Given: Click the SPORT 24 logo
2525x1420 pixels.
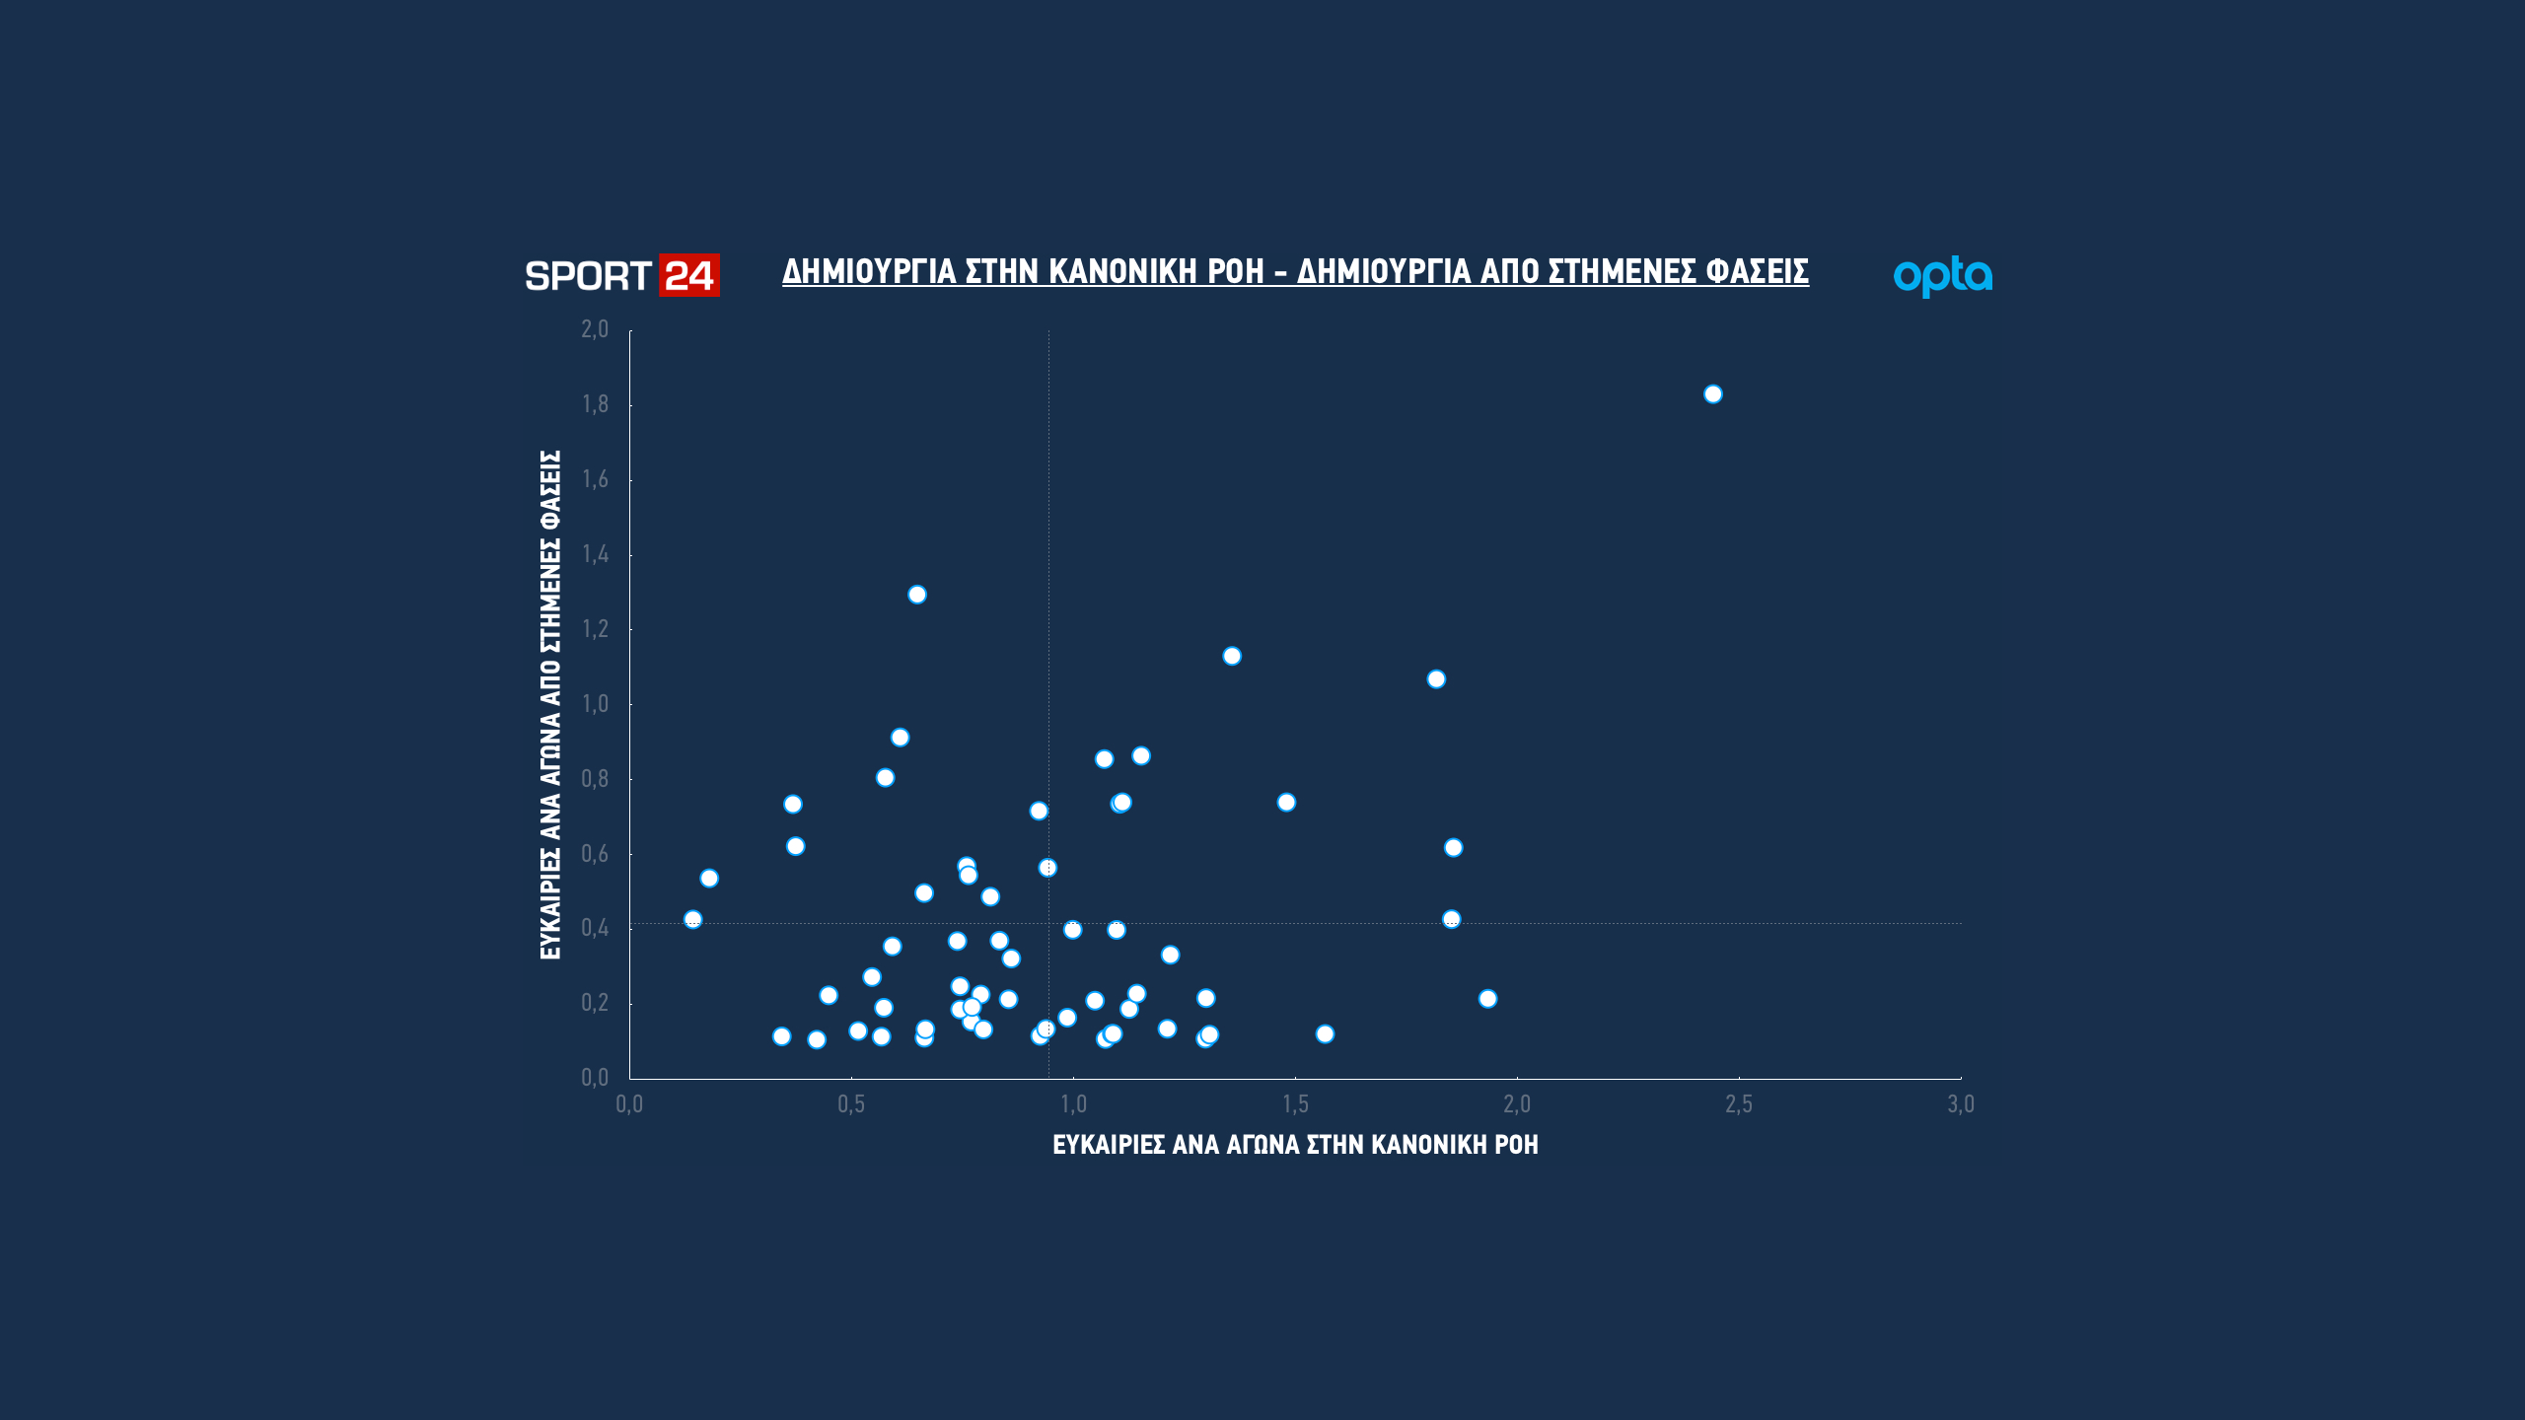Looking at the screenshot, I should (x=621, y=276).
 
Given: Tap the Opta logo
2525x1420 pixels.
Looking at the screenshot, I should (x=1942, y=276).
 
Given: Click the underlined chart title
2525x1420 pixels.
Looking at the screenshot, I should (x=1295, y=271).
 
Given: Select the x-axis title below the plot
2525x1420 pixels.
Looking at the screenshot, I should (x=1295, y=1145).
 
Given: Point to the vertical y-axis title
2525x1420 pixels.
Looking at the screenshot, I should (x=550, y=704).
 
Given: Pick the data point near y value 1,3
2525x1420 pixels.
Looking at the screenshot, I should (x=917, y=595).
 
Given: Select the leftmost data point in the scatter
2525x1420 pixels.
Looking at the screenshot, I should (x=693, y=920).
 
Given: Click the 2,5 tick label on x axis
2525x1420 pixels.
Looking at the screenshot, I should (x=1739, y=1104).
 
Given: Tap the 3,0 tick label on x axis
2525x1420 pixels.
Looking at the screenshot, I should (x=1961, y=1104).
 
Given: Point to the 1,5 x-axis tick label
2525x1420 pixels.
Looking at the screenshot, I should (x=1295, y=1104).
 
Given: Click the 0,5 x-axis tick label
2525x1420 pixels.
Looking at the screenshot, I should (x=851, y=1104).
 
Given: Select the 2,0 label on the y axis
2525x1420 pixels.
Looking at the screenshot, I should (x=595, y=329).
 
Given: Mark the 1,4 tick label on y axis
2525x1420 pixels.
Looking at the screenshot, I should (x=595, y=554).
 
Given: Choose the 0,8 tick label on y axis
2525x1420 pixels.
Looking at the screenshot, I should (x=595, y=779).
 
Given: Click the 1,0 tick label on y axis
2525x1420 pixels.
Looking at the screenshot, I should (x=595, y=704).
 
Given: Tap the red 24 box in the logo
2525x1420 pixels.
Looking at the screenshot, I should (x=689, y=276).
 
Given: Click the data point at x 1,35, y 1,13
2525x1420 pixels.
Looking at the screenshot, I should (x=1232, y=657).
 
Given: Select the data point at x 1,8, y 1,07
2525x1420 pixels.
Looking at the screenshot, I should (x=1436, y=679).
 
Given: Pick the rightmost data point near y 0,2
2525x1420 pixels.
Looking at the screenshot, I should (x=1488, y=999).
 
